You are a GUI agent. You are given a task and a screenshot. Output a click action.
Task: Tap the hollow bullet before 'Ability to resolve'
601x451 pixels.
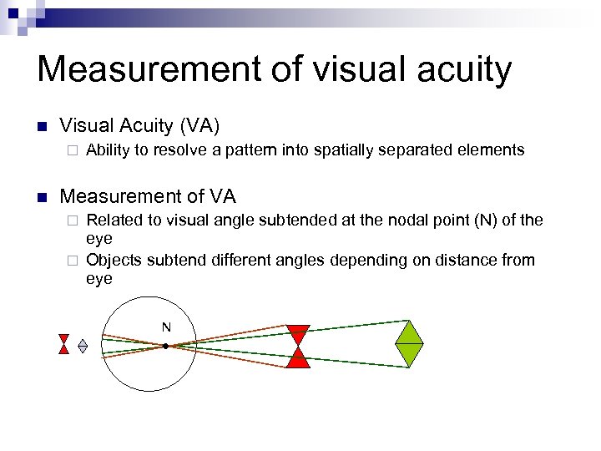[x=73, y=151]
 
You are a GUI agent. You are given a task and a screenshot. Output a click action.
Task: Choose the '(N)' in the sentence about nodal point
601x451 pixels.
[x=477, y=220]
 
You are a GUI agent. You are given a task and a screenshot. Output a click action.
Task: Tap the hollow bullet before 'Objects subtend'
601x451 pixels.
[x=73, y=261]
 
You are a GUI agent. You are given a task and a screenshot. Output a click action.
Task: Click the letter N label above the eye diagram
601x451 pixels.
[x=166, y=327]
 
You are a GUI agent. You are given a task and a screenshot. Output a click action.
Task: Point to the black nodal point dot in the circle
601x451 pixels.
[x=166, y=345]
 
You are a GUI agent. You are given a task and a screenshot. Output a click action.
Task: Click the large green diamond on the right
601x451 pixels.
[x=409, y=344]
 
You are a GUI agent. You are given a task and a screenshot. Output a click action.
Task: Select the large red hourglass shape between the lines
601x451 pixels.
[x=298, y=346]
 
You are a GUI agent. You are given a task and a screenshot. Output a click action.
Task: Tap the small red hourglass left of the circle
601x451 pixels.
[x=63, y=344]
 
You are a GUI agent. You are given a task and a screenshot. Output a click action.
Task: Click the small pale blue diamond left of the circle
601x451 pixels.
[x=83, y=345]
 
